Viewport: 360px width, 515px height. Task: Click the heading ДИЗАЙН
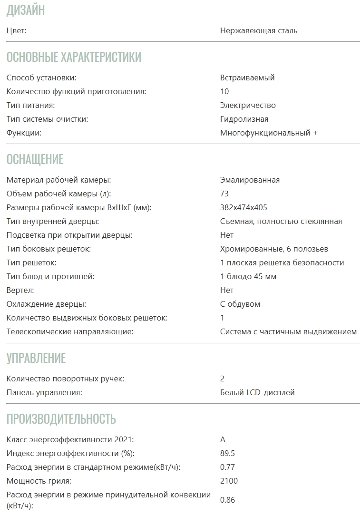point(26,10)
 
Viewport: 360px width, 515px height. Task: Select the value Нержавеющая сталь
point(259,31)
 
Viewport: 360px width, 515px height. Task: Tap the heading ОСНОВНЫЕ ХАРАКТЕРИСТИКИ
point(74,57)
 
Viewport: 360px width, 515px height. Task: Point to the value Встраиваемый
point(247,78)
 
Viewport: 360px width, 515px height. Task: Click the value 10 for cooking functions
point(224,91)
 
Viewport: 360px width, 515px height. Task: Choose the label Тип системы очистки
point(48,119)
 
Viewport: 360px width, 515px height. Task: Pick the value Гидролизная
point(244,119)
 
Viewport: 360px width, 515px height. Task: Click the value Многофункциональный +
point(269,133)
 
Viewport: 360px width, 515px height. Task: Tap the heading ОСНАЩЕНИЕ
point(35,159)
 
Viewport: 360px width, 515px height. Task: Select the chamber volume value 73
point(224,194)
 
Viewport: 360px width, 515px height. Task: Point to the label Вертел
point(20,290)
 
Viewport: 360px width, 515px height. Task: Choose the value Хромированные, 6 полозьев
point(274,249)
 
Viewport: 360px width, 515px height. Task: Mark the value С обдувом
point(240,304)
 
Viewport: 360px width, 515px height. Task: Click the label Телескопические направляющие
point(70,331)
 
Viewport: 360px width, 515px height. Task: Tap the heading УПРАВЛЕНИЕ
point(36,358)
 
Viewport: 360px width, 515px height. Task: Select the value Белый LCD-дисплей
point(257,392)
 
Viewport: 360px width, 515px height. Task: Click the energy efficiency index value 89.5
point(228,453)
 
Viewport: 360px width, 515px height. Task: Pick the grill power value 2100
point(229,481)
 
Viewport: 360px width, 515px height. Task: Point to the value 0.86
point(227,500)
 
